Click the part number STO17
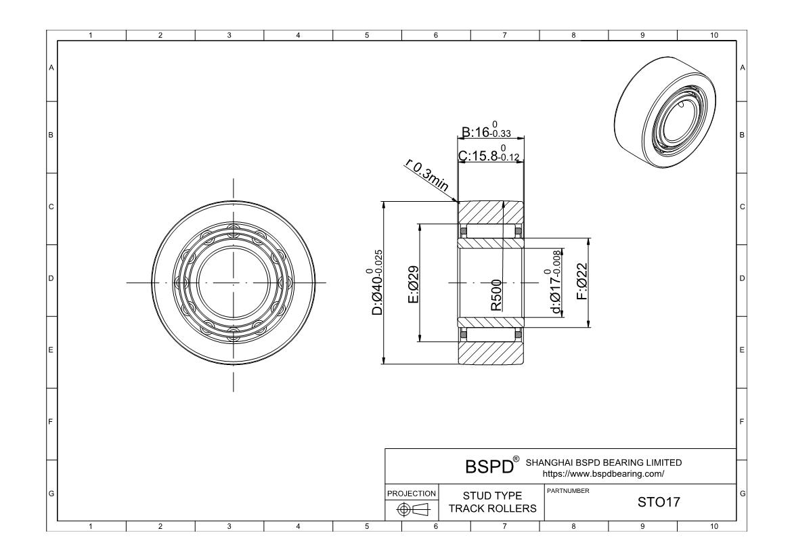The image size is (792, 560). pos(659,502)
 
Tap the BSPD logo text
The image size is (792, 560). pos(489,467)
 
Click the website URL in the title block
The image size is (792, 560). pos(603,474)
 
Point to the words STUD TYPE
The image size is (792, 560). pos(492,496)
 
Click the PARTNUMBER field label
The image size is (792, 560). pos(568,491)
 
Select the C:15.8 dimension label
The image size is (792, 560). pos(489,154)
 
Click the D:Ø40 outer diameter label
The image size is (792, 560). pos(377,282)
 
